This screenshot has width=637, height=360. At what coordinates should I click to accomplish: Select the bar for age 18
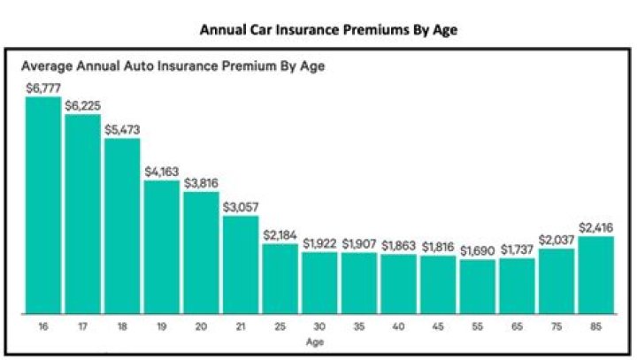tap(122, 226)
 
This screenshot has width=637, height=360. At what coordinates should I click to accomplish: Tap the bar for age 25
tap(280, 278)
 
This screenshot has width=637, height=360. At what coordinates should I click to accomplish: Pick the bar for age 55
tap(478, 286)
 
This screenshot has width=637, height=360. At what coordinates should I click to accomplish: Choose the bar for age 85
tap(596, 274)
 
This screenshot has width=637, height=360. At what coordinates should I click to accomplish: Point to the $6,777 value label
tap(42, 88)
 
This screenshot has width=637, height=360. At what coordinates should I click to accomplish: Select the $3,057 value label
tap(241, 207)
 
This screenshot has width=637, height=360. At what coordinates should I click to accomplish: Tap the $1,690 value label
tap(478, 251)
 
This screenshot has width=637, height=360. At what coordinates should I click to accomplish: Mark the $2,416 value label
tap(596, 228)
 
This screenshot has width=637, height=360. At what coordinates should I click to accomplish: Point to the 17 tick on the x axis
tap(82, 326)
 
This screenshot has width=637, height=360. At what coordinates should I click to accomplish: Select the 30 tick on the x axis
tap(319, 326)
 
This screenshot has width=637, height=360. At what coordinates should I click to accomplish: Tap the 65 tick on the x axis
tap(517, 326)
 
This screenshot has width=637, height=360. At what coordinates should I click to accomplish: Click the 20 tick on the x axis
tap(201, 326)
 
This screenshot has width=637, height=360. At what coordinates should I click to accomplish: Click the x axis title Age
tap(319, 340)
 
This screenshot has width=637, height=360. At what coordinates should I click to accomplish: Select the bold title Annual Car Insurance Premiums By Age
tap(318, 29)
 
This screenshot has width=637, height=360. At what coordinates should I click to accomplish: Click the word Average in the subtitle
tap(46, 65)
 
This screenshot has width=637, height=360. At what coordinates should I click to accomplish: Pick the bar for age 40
tap(398, 284)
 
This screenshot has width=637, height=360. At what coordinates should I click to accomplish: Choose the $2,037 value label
tap(556, 240)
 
